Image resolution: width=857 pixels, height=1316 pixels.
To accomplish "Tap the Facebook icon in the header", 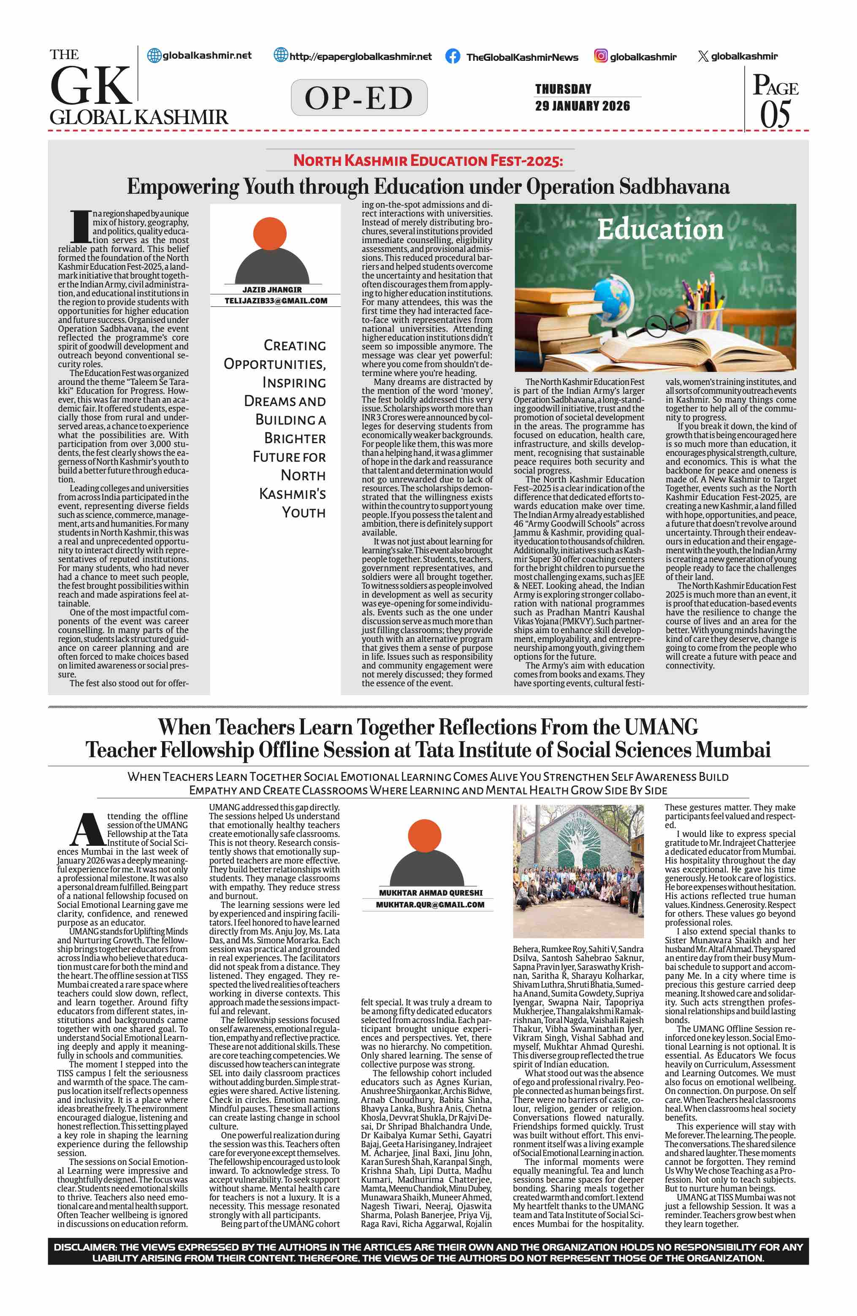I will (x=452, y=57).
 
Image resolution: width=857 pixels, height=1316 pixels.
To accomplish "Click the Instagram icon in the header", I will (x=600, y=56).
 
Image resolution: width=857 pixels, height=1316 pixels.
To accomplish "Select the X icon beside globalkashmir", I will (x=703, y=57).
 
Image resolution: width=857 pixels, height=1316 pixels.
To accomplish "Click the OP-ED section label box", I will (x=359, y=98).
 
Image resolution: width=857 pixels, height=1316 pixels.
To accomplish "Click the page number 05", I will (x=775, y=115).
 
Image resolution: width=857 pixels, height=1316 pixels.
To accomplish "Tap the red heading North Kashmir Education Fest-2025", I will (x=428, y=161).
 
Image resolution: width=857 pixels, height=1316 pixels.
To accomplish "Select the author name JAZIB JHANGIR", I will (x=272, y=290).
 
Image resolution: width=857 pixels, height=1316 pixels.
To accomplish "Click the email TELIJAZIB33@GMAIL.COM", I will (x=275, y=301).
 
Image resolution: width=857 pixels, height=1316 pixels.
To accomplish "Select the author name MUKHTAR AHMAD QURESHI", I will (x=431, y=893).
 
